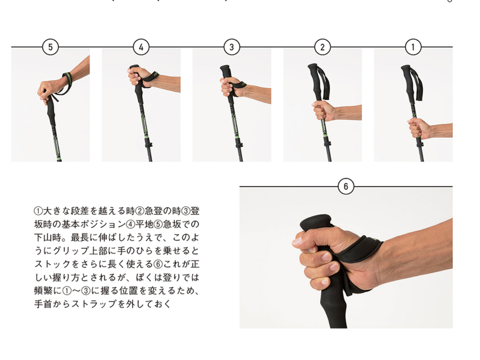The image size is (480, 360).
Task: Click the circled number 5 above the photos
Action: click(50, 47)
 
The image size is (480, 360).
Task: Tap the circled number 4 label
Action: click(141, 47)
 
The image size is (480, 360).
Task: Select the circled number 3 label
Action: click(232, 47)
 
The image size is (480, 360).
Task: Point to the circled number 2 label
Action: click(323, 47)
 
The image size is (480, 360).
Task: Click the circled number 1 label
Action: click(413, 47)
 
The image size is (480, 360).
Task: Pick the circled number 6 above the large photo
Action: click(346, 186)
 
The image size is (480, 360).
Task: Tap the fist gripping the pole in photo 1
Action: click(417, 128)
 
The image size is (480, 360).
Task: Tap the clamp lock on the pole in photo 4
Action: click(150, 144)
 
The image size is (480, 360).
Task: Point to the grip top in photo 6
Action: click(316, 222)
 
